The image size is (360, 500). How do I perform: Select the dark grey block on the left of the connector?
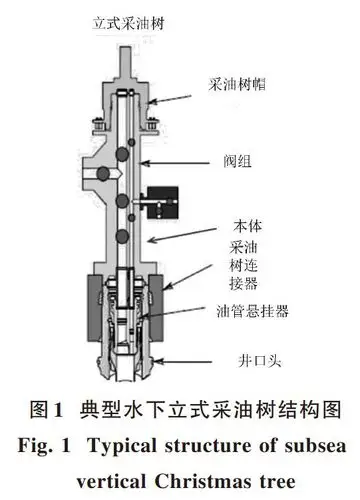[89, 295]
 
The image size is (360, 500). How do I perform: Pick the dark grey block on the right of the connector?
[189, 293]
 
